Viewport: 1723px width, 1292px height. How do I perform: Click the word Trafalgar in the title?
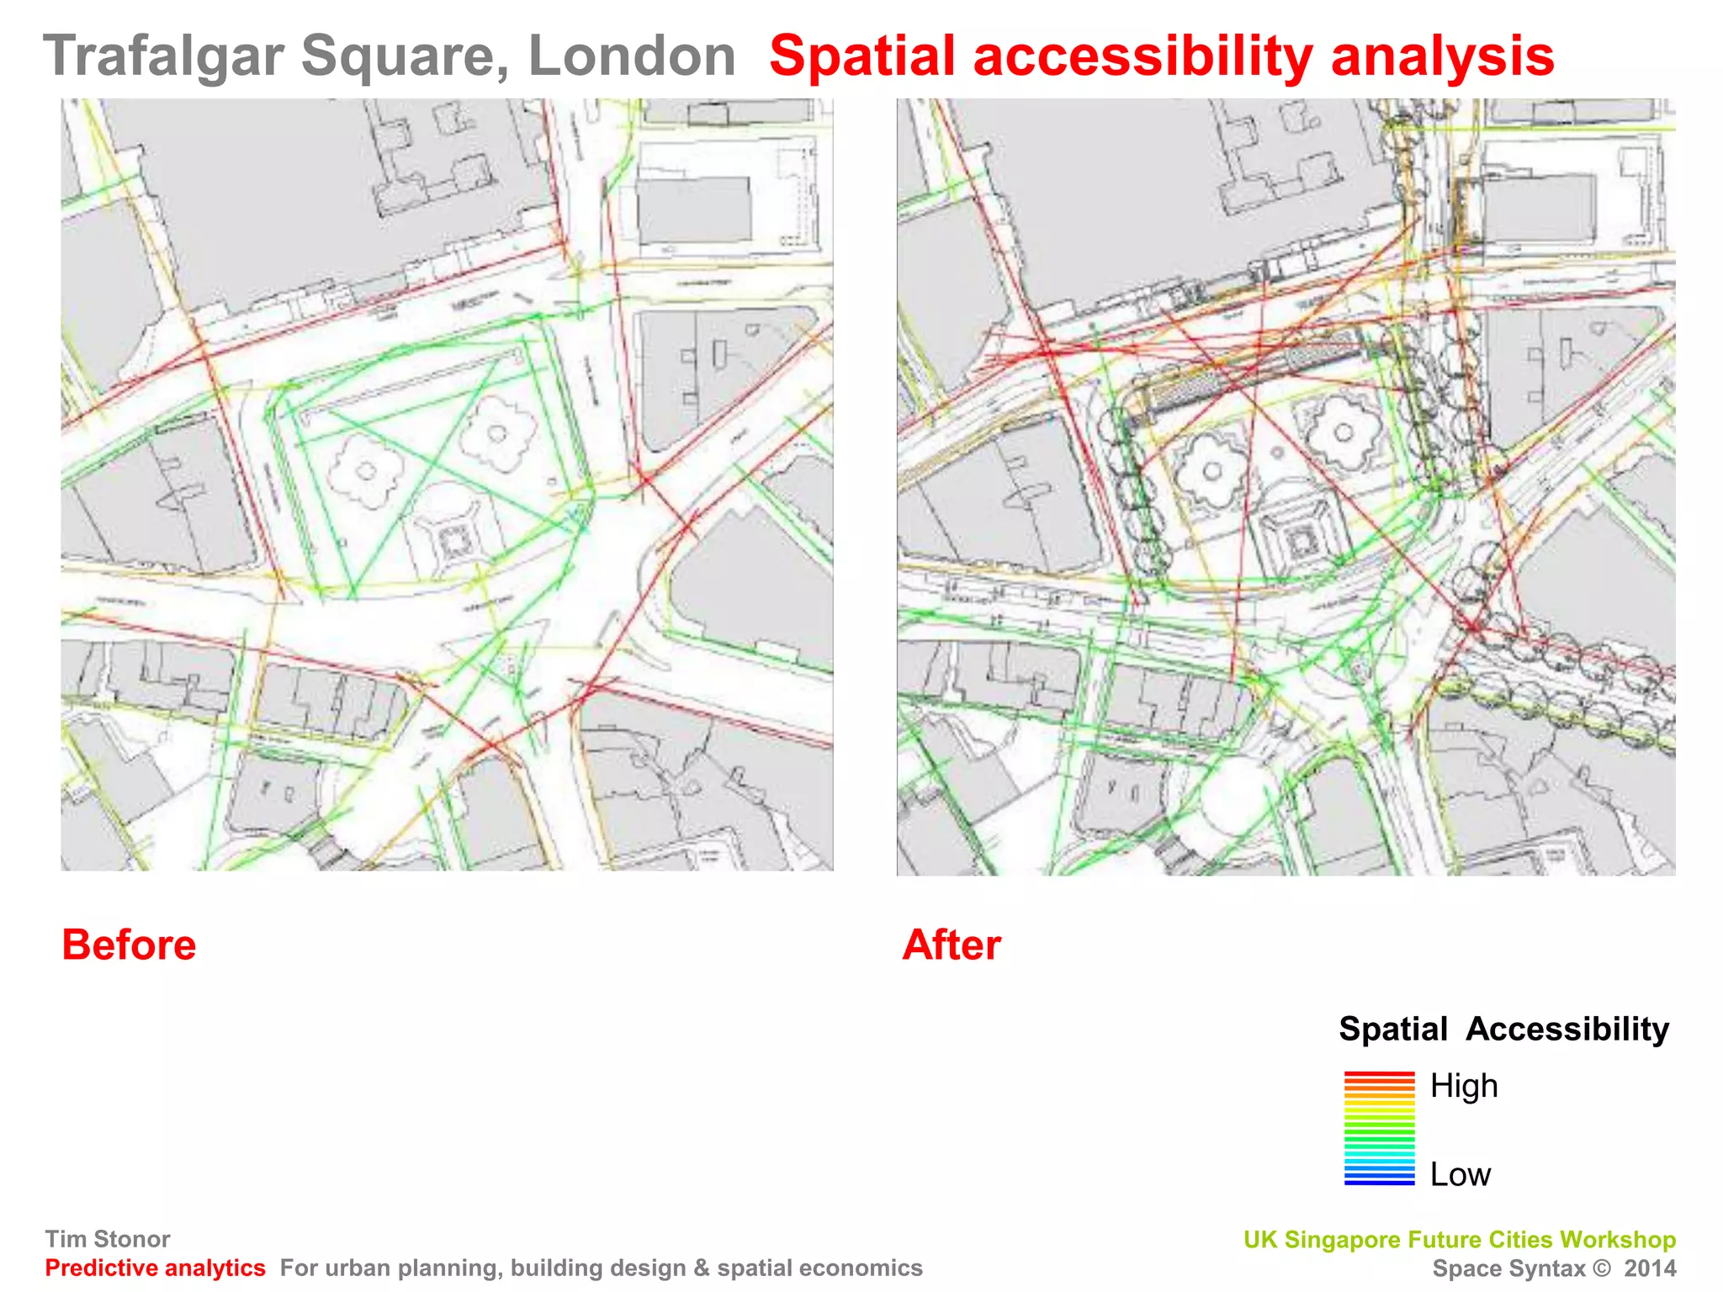[x=164, y=56]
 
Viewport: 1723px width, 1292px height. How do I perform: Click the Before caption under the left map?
[x=129, y=945]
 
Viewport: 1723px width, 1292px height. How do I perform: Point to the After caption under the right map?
[x=952, y=945]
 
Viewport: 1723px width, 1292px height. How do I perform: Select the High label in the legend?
[x=1464, y=1086]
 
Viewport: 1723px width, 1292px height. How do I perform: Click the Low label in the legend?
[x=1460, y=1174]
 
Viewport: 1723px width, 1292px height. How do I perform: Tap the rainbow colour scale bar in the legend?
[x=1379, y=1128]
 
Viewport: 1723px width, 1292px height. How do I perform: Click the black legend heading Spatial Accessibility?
[x=1503, y=1029]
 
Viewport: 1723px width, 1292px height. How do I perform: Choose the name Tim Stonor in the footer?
[x=108, y=1239]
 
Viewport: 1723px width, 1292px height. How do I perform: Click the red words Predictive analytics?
[x=155, y=1268]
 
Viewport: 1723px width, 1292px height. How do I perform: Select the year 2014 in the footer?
[x=1650, y=1268]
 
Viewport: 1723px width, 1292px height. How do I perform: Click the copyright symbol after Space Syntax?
[x=1602, y=1268]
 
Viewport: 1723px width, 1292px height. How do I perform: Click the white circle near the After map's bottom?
[x=1238, y=795]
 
